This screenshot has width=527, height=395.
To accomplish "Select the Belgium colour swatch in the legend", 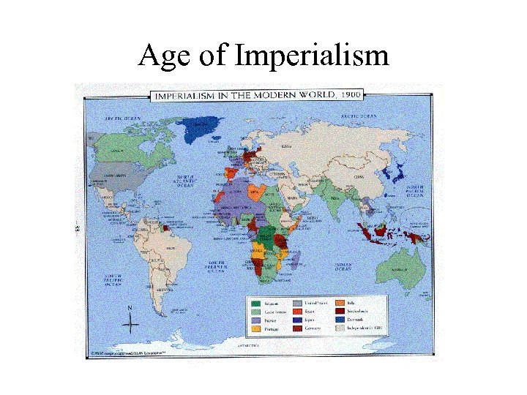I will coord(255,302).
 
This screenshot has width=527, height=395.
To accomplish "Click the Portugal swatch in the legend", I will coord(255,329).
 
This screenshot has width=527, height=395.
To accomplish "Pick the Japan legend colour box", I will coord(298,320).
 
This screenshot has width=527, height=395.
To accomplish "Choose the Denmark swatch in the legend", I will coord(341,320).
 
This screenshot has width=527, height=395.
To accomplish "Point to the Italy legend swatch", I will coord(341,302).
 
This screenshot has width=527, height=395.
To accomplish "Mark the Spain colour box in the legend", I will coord(298,311).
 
